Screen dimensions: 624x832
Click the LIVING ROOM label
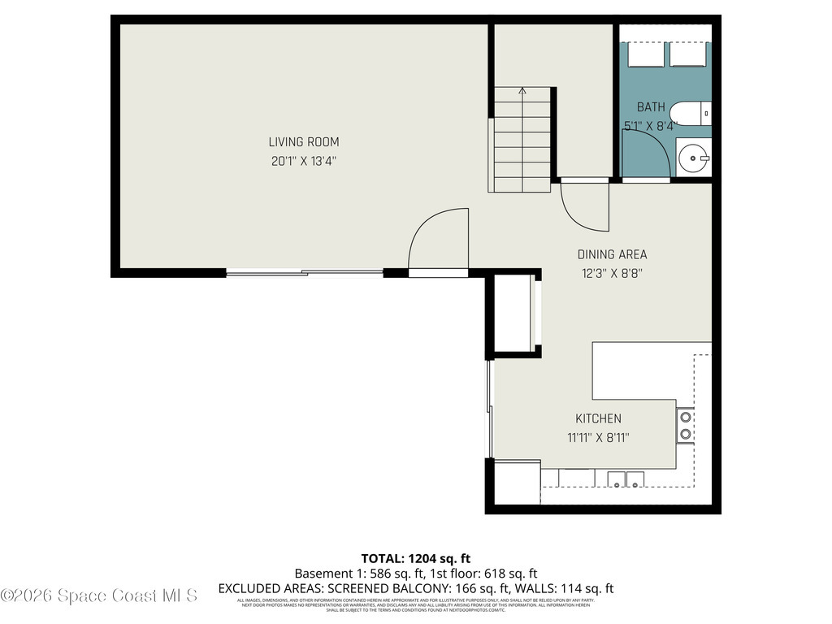coord(304,142)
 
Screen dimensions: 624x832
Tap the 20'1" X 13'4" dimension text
coord(304,161)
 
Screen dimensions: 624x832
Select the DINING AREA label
coord(612,254)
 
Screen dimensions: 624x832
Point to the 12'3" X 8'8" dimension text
coord(612,274)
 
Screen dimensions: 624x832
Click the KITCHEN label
coord(598,418)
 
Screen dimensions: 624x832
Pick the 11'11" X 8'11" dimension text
coord(598,437)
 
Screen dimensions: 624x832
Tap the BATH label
coord(650,106)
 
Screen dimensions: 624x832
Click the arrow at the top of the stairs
coord(522,92)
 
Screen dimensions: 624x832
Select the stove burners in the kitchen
coord(685,425)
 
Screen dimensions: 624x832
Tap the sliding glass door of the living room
coord(305,273)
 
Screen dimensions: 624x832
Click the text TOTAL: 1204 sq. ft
coord(415,558)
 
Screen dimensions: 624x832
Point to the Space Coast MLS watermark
coord(99,596)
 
